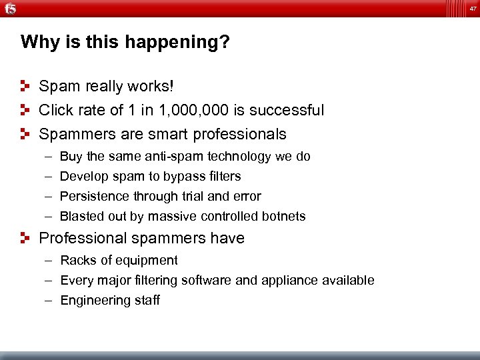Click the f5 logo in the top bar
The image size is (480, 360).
click(x=10, y=8)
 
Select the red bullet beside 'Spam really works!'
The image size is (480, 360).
click(x=25, y=87)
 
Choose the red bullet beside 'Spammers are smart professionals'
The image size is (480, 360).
click(x=25, y=133)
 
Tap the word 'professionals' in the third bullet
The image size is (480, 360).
click(x=240, y=134)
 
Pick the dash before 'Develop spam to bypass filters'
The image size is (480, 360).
click(x=49, y=177)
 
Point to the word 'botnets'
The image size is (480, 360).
click(x=284, y=217)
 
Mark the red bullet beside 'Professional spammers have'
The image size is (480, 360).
click(x=25, y=238)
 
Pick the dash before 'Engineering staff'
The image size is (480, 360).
click(x=49, y=301)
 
